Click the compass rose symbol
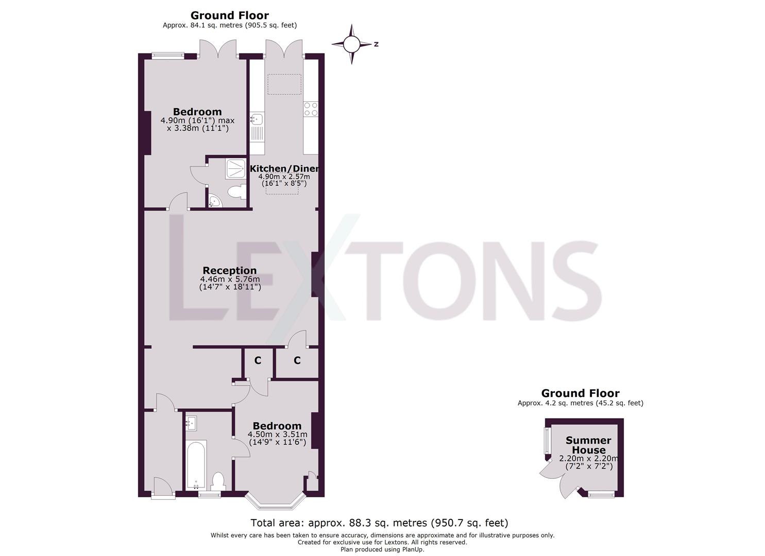351,45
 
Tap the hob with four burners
311,109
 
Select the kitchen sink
257,120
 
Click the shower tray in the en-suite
235,169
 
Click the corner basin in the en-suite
214,202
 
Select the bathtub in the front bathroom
196,465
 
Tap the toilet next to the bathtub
217,481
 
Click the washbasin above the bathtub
192,424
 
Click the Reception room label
229,270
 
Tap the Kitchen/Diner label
284,169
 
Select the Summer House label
588,445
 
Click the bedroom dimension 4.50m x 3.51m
277,438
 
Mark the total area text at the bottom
379,523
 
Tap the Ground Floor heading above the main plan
229,15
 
